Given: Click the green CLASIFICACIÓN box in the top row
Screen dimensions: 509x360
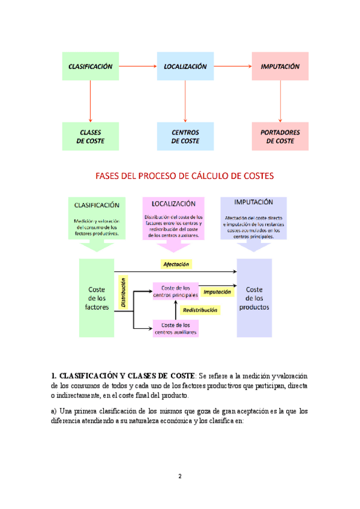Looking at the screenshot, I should [x=90, y=67].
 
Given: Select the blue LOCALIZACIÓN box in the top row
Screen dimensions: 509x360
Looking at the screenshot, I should [x=185, y=67].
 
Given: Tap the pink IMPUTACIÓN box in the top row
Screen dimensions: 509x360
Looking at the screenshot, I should [x=280, y=67].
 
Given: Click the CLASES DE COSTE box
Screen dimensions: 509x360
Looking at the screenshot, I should [x=90, y=136].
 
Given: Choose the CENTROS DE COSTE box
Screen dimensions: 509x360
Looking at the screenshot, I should [x=185, y=136].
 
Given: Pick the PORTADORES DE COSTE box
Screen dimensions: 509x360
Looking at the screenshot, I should [x=280, y=136].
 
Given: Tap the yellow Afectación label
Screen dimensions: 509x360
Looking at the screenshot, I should [x=176, y=264].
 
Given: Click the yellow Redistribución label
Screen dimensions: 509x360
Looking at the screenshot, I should [x=200, y=310].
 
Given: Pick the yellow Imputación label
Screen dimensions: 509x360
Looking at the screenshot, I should [x=217, y=292].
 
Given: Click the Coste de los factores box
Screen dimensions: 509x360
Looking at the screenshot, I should [x=97, y=298].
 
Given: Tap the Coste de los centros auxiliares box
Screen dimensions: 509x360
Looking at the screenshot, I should [x=176, y=328].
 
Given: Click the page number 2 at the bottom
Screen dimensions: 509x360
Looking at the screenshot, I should [x=179, y=476].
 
